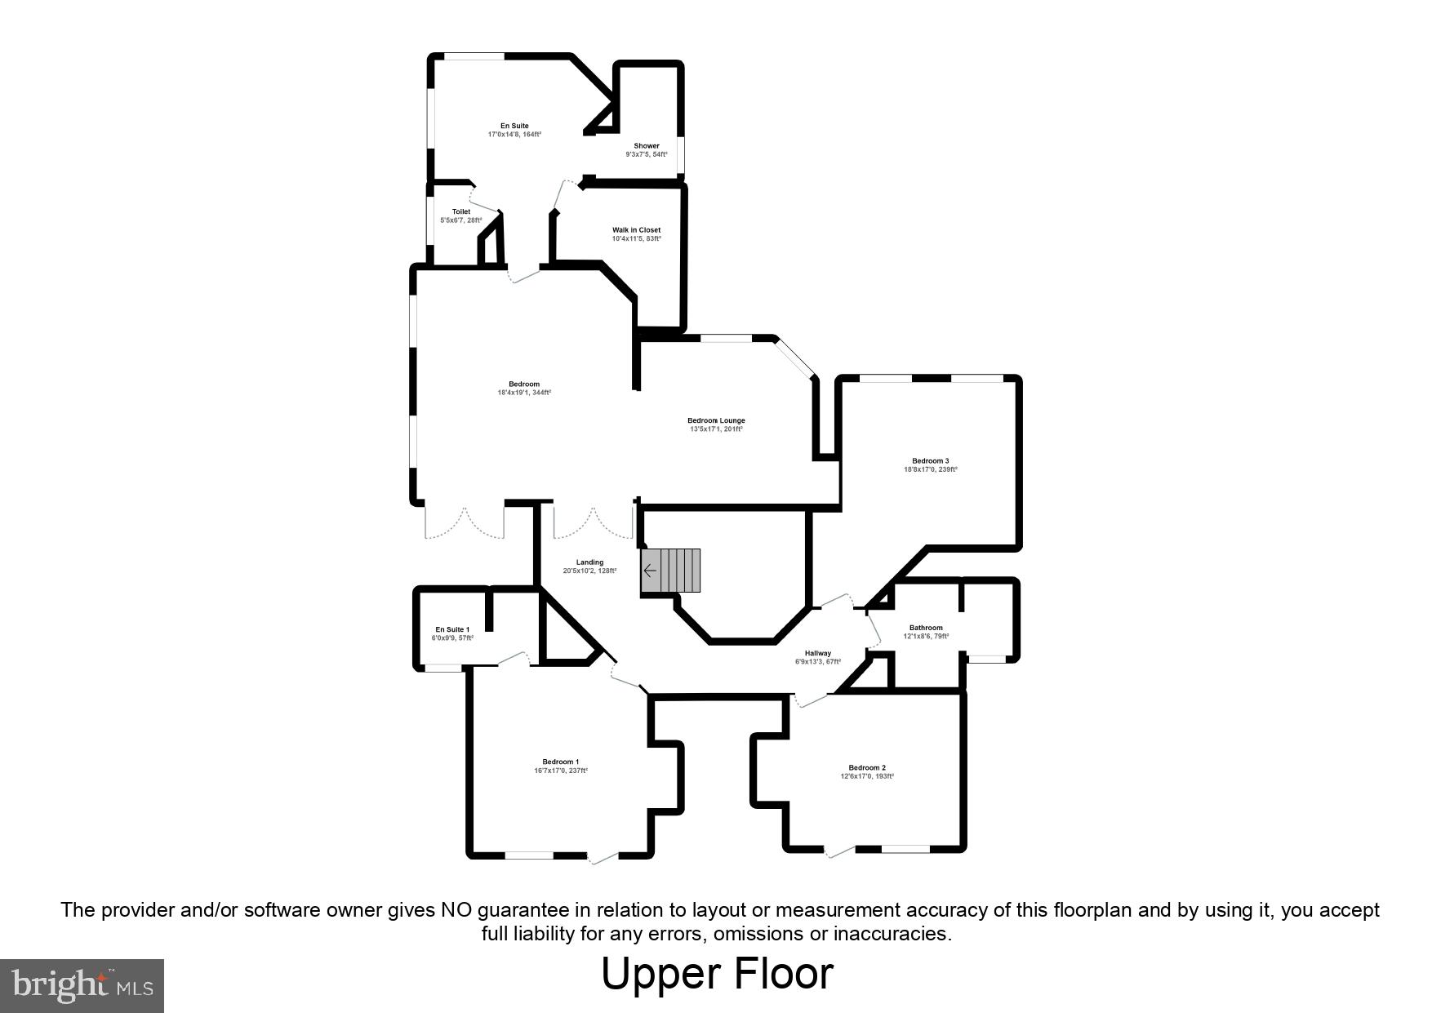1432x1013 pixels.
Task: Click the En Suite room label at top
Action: (x=514, y=126)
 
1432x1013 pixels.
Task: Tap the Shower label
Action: (x=646, y=145)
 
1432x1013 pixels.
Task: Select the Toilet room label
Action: (x=461, y=211)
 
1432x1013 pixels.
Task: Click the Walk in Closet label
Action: (x=636, y=230)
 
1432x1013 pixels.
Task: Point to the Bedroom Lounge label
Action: (x=716, y=420)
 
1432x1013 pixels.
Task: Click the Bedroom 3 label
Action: (x=930, y=460)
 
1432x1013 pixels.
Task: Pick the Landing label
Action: (x=589, y=562)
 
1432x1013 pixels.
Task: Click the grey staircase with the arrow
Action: (x=671, y=570)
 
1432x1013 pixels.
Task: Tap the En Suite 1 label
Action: (x=452, y=629)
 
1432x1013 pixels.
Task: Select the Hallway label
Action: (x=817, y=653)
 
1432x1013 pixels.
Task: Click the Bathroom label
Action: (x=926, y=628)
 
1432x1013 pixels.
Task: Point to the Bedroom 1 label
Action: (x=561, y=762)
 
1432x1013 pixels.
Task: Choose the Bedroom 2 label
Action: (x=867, y=767)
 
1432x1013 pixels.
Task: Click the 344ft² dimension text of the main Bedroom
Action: (x=524, y=393)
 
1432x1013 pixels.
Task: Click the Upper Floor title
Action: (x=717, y=974)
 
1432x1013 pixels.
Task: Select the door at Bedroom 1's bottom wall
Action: (x=603, y=855)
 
